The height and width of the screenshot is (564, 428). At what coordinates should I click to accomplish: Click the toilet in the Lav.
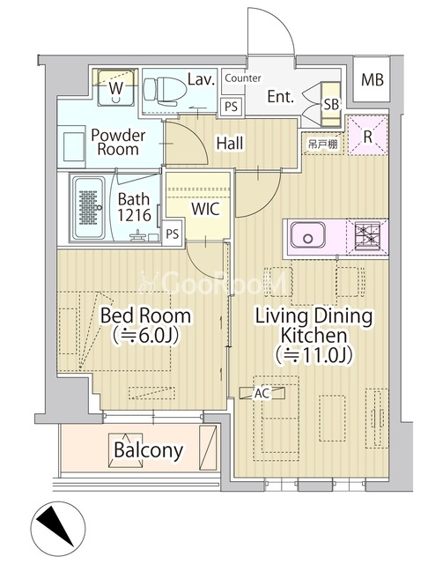pos(165,91)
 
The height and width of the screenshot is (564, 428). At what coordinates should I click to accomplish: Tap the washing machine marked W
pos(115,87)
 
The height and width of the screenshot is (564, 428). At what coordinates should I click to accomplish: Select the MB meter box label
pos(373,79)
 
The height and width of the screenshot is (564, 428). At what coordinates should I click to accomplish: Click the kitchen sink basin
pos(307,235)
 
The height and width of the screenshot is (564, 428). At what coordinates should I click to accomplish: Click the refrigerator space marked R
pos(367,135)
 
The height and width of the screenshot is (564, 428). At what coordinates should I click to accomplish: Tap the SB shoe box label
pos(331,104)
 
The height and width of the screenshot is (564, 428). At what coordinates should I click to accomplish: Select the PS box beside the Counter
pos(231,107)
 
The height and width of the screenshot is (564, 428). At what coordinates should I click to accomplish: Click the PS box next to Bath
pos(172,234)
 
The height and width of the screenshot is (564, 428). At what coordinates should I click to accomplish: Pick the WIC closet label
pos(205,209)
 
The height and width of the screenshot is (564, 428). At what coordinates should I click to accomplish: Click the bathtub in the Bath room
pos(89,208)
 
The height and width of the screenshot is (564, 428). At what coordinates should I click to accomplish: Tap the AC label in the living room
pos(262,394)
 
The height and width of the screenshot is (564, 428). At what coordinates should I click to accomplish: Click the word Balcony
pos(149,450)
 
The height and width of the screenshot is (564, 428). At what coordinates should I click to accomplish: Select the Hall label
pos(230,143)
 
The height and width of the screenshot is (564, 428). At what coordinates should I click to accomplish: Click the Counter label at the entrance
pos(243,78)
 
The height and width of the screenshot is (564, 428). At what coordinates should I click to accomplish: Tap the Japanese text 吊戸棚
pos(322,145)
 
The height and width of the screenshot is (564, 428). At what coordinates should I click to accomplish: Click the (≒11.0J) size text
pos(314,355)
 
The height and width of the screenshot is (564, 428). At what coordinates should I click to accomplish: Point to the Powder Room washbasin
pos(74,147)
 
